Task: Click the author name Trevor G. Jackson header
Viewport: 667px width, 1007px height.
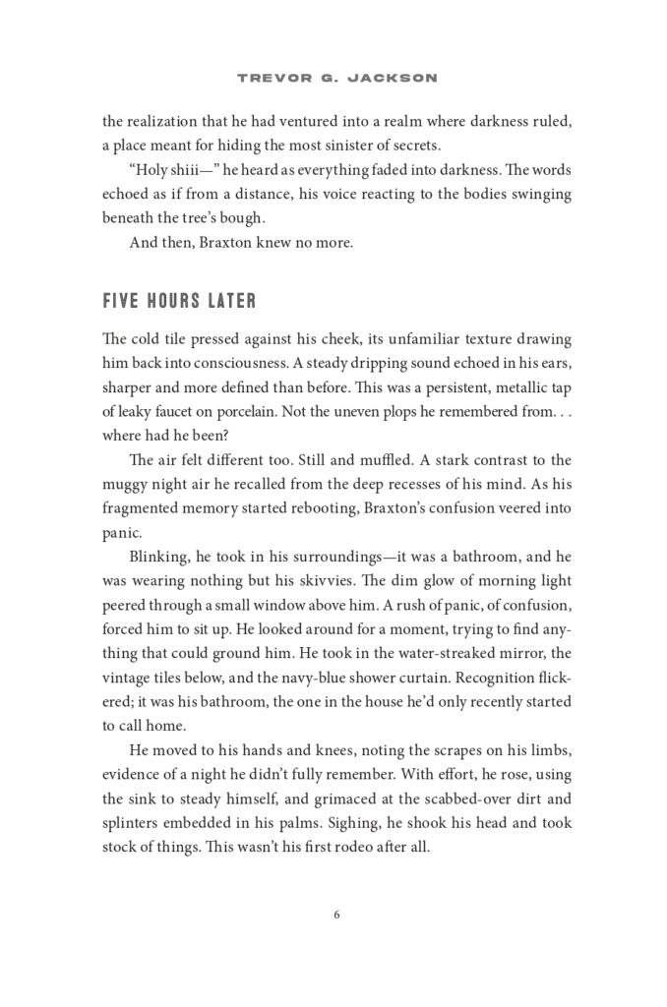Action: coord(333,76)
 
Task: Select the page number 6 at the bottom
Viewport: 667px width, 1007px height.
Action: coord(335,915)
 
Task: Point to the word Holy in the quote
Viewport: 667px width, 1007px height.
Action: coord(150,170)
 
